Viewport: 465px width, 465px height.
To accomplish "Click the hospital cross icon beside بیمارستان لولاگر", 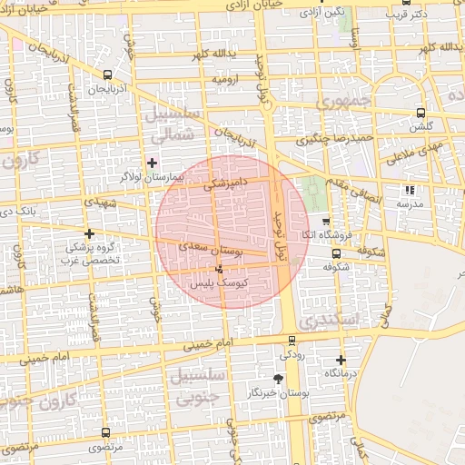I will click(152, 162).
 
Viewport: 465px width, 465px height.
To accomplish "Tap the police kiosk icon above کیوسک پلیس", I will click(220, 269).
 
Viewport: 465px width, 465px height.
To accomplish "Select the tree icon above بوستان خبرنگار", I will click(278, 379).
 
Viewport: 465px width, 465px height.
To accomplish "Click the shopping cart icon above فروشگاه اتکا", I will click(326, 221).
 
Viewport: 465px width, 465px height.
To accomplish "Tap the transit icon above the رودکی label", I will click(291, 341).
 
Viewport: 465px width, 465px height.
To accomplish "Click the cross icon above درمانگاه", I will click(341, 360).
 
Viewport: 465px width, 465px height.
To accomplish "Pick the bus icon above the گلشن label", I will click(420, 113).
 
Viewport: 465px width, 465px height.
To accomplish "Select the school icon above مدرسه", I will click(410, 190).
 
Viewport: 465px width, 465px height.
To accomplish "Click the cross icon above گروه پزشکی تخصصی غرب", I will click(89, 233).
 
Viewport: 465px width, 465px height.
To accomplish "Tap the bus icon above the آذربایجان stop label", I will click(108, 75).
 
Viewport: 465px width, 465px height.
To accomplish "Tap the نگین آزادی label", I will click(323, 12).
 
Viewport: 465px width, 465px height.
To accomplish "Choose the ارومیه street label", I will click(228, 80).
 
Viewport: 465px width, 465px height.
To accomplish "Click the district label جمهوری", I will click(345, 101).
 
